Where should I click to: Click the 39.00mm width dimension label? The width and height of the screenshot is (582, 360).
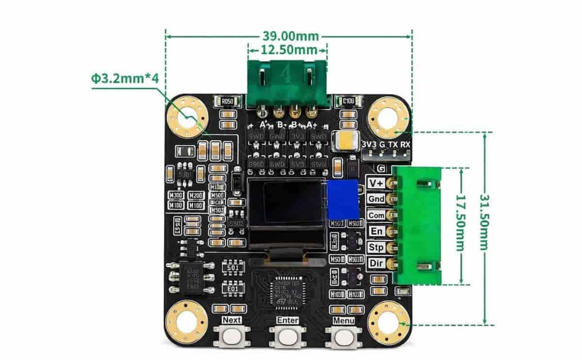pyautogui.click(x=291, y=36)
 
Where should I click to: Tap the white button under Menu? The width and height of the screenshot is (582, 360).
pyautogui.click(x=343, y=336)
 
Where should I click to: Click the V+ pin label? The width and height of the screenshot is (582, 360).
pyautogui.click(x=376, y=183)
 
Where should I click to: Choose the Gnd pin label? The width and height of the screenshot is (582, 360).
pyautogui.click(x=376, y=199)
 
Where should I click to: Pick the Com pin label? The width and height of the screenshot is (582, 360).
pyautogui.click(x=376, y=215)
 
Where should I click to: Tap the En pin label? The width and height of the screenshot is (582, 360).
pyautogui.click(x=376, y=231)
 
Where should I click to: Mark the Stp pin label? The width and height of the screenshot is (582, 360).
pyautogui.click(x=376, y=247)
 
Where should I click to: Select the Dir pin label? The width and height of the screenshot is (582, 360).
pyautogui.click(x=376, y=263)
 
